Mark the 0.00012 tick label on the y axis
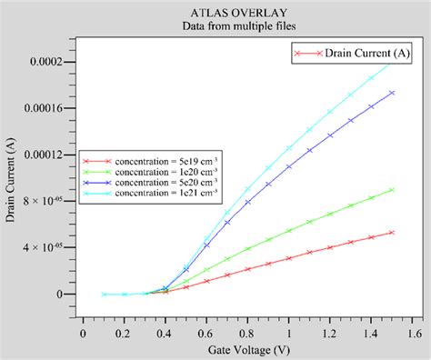52,155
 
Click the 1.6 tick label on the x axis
413,333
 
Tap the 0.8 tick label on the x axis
248,333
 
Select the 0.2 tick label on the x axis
125,333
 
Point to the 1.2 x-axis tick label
331,333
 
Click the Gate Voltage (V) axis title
247,350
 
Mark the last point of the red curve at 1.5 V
392,232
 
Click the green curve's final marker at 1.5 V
392,190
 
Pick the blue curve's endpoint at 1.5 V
392,93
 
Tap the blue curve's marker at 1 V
289,166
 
